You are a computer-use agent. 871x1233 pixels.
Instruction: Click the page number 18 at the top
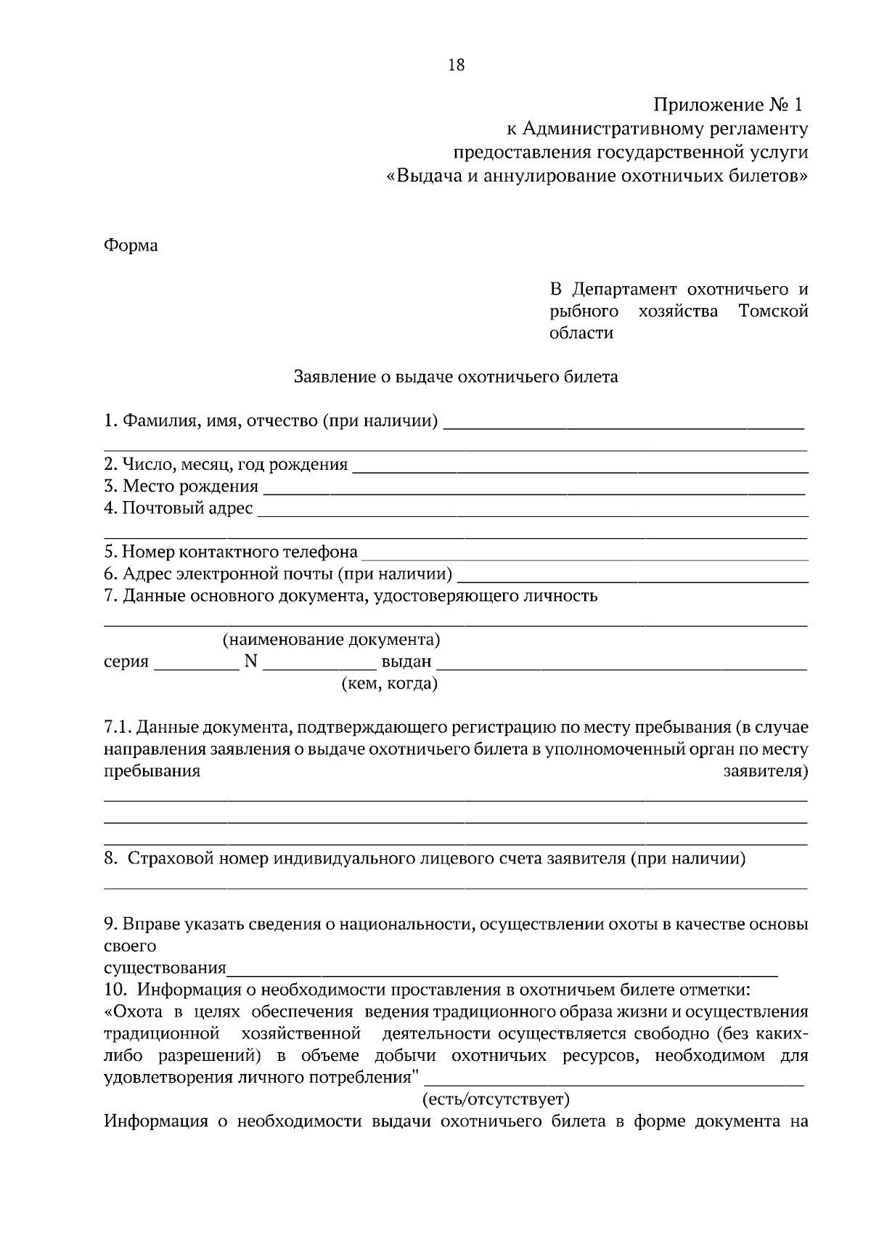tap(456, 65)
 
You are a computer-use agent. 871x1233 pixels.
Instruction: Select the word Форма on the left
tap(131, 245)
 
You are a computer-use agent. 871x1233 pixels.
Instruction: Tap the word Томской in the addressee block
tap(773, 312)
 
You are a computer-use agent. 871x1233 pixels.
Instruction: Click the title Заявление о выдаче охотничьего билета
tap(455, 377)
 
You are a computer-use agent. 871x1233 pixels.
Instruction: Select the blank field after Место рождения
tap(533, 492)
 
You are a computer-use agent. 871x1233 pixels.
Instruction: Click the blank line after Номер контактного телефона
tap(584, 558)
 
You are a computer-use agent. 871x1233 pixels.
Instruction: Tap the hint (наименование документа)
tap(331, 640)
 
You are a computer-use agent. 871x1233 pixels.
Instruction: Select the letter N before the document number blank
tap(251, 662)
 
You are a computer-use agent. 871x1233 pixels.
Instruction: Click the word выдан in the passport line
tap(406, 662)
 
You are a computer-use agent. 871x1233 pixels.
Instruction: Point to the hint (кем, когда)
tap(389, 684)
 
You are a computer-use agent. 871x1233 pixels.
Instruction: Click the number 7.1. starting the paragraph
tap(118, 728)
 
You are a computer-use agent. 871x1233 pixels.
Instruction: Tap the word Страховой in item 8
tap(169, 859)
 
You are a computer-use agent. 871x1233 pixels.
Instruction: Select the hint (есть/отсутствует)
tap(496, 1099)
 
